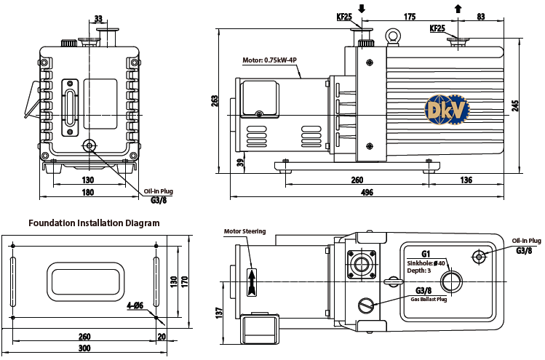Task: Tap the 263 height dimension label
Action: [x=215, y=101]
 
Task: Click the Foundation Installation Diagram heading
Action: [x=94, y=223]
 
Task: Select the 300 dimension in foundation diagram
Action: [x=85, y=349]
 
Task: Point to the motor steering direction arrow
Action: [x=252, y=281]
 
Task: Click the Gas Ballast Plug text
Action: [x=429, y=299]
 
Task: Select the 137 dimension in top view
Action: [x=218, y=312]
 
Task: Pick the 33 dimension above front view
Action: [x=99, y=19]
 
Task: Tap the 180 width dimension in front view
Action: [x=87, y=192]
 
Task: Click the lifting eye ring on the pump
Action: [x=394, y=34]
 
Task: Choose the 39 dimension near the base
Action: [x=240, y=162]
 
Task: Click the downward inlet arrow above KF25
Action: [x=362, y=9]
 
